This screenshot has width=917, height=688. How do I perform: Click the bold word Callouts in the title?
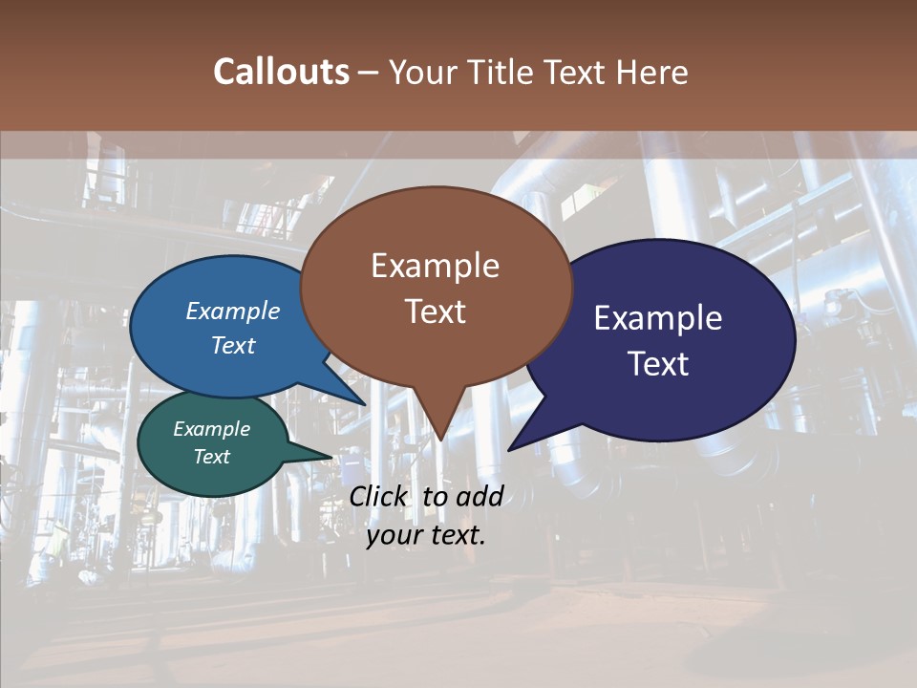281,72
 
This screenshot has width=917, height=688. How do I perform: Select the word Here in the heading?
653,72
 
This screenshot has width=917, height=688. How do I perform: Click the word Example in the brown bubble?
435,266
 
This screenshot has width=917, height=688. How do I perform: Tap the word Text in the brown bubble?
435,312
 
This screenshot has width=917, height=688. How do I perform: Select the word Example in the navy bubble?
658,318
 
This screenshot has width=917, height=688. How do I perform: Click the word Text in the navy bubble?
658,364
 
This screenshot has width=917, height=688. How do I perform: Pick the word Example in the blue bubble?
233,311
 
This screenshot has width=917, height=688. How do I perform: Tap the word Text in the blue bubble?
233,345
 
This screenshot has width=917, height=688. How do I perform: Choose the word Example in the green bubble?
211,429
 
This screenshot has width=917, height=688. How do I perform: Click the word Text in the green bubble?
211,457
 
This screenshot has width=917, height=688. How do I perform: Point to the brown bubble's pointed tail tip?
440,440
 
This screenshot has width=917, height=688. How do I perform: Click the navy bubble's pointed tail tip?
509,449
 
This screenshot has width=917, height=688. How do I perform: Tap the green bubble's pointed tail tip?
333,457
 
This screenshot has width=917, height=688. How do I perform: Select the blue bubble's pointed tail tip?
365,405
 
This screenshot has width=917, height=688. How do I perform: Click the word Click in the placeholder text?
380,496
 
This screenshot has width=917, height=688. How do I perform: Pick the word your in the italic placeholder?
394,535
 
